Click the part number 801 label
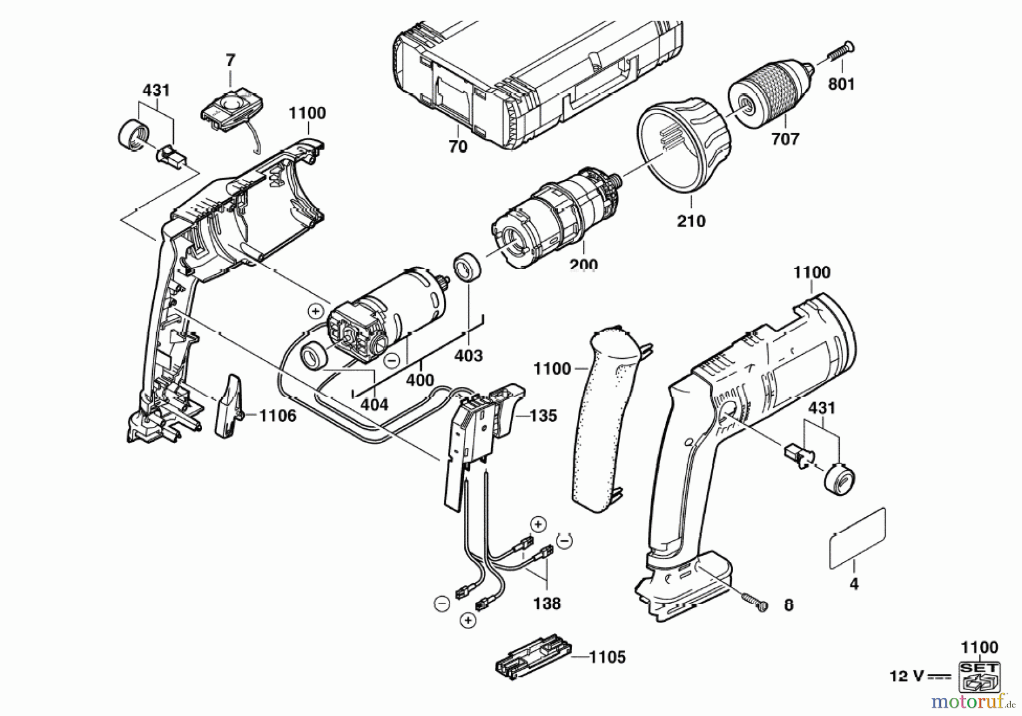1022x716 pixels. [841, 84]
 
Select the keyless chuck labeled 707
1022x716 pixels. [770, 98]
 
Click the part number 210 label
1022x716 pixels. [691, 220]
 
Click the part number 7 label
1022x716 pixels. [230, 60]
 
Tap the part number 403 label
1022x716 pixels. [468, 355]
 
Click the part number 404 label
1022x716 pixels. [375, 404]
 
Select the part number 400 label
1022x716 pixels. [420, 380]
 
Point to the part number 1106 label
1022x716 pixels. [278, 416]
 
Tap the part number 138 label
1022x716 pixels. [547, 603]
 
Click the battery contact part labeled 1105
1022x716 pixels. [534, 661]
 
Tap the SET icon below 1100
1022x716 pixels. [979, 676]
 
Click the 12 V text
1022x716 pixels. [907, 677]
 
